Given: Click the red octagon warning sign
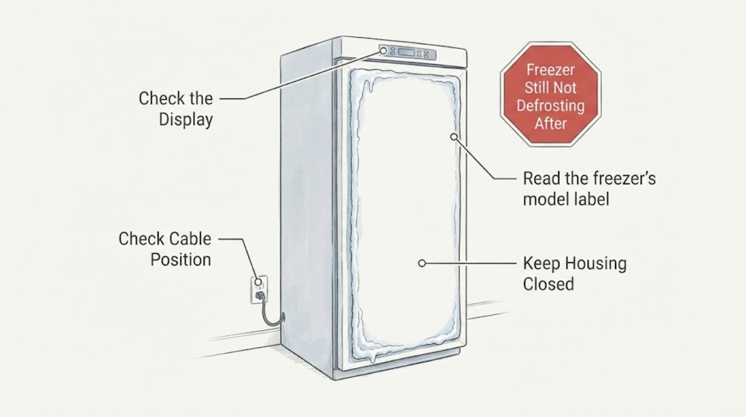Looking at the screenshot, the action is coord(551,94).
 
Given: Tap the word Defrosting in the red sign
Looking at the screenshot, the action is coord(551,106).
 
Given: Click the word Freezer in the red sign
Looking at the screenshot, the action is coord(551,70).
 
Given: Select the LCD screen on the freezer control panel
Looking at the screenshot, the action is coord(406,52).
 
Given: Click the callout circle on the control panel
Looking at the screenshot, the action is coord(383,51).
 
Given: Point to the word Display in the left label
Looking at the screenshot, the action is coord(186,120).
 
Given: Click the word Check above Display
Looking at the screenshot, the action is coord(159,99).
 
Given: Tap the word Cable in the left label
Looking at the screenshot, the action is coord(190,239).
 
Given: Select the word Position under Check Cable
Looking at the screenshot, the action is coord(181,260).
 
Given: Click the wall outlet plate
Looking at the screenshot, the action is coord(259,289).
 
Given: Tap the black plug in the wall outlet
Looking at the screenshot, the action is coord(260,295).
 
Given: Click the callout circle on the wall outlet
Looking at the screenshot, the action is coord(258,282).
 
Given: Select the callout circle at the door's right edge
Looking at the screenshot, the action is coord(453,136).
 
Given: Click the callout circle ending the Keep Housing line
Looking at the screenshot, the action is coord(422,264).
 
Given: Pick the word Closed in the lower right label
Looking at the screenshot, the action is coord(548,285).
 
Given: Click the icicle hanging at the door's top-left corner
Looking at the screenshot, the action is coord(370,85).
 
